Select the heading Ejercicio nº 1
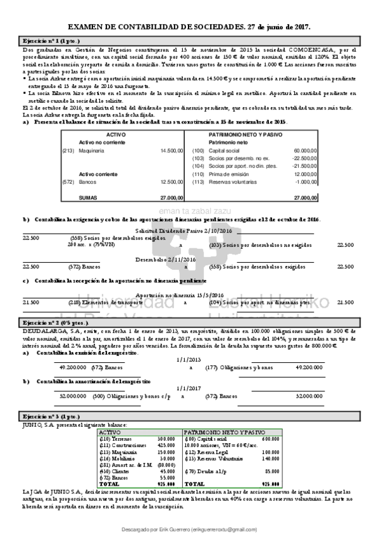51,40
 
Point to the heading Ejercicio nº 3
51,417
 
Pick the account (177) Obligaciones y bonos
233,367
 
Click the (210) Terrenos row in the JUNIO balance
114,438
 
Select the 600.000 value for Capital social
270,438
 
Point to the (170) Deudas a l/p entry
205,471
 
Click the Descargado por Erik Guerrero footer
189,529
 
